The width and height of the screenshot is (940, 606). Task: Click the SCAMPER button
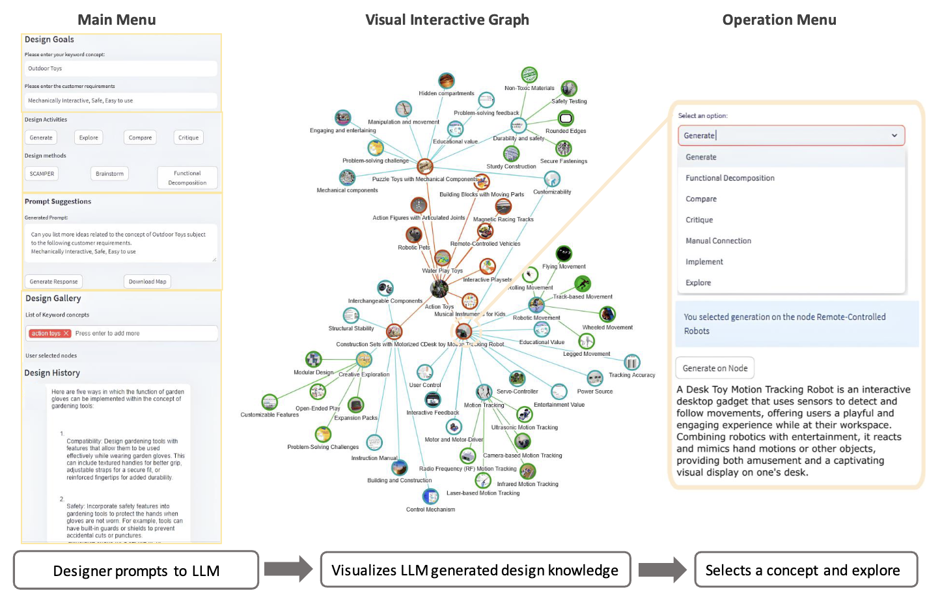[x=42, y=174]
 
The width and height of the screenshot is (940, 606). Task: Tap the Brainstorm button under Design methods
[x=109, y=174]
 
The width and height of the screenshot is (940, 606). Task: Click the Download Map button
[x=147, y=281]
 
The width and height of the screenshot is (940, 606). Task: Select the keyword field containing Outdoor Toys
[x=121, y=68]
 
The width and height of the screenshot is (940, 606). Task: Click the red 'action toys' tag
[x=49, y=333]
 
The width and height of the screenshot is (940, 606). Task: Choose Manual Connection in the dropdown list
[x=718, y=241]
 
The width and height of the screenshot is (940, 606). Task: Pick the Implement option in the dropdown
[x=704, y=262]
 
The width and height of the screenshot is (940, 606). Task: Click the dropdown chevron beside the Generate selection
[x=894, y=136]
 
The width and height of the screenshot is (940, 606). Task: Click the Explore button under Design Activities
[x=89, y=137]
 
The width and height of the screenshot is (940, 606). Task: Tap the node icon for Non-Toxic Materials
[x=529, y=75]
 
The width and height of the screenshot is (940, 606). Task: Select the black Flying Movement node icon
[x=564, y=253]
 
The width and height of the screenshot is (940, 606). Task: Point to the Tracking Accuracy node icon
[x=631, y=362]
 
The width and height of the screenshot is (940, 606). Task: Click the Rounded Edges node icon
[x=566, y=118]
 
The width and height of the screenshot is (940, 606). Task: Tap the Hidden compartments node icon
[x=446, y=81]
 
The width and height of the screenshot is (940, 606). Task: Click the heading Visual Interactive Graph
[x=447, y=20]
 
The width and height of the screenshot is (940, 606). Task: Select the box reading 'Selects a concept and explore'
[x=806, y=570]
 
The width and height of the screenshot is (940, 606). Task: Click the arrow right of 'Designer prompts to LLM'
[x=288, y=570]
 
